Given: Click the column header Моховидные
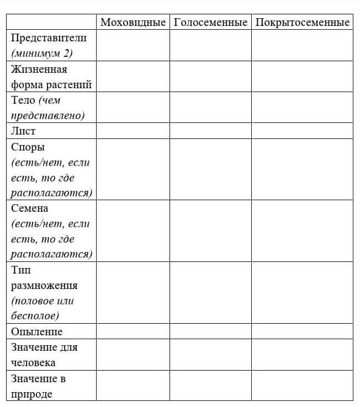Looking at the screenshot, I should pyautogui.click(x=133, y=23).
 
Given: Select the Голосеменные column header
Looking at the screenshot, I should pyautogui.click(x=210, y=23).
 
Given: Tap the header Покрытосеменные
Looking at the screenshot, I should pyautogui.click(x=302, y=23).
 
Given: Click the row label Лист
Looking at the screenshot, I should pyautogui.click(x=23, y=131).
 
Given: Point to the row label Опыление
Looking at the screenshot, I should pyautogui.click(x=36, y=331).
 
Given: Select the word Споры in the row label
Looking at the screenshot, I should pyautogui.click(x=28, y=147).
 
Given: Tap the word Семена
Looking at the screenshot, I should pyautogui.click(x=29, y=208).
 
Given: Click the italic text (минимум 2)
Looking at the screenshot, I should pyautogui.click(x=41, y=53).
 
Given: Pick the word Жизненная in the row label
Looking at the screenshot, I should pyautogui.click(x=39, y=69).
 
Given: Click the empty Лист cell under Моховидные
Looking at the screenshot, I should pyautogui.click(x=133, y=131).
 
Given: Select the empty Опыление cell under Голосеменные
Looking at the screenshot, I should pyautogui.click(x=210, y=331).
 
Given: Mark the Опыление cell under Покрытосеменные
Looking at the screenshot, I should pyautogui.click(x=302, y=331).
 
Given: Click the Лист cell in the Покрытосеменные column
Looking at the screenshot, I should pyautogui.click(x=302, y=131).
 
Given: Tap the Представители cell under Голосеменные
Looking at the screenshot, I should pyautogui.click(x=210, y=45).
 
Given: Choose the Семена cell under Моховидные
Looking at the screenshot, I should pyautogui.click(x=133, y=231).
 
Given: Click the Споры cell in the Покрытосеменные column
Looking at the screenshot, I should pyautogui.click(x=302, y=170).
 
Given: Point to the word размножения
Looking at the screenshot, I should pyautogui.click(x=44, y=286).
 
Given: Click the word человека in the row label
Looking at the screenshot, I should pyautogui.click(x=33, y=363).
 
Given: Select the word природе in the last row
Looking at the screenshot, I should pyautogui.click(x=31, y=394).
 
